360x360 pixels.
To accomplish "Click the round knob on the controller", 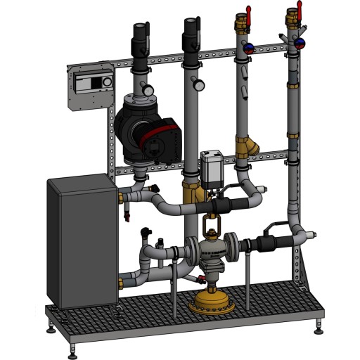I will coord(106,82).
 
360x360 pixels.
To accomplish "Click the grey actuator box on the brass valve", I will coord(212,166).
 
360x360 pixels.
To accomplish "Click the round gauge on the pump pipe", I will coord(149,89).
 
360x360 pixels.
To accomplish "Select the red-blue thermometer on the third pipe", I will coord(252,47).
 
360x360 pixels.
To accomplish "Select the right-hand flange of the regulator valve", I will coord(229,248).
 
